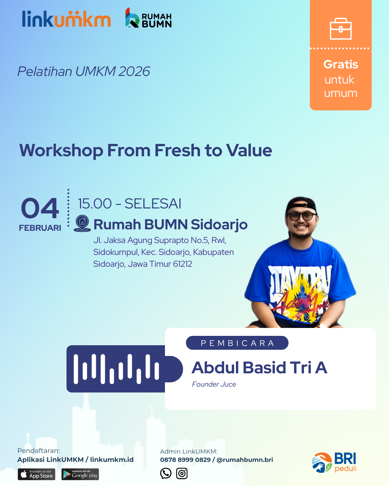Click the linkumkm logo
[66, 19]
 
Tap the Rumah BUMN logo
[148, 18]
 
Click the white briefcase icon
[341, 29]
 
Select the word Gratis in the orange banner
[341, 64]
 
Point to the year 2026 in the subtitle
[134, 72]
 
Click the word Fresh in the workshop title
[177, 150]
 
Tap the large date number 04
[40, 208]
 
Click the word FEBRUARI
[40, 228]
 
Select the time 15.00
[95, 203]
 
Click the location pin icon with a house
[82, 223]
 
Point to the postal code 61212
[182, 264]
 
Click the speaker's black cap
[301, 204]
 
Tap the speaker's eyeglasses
[302, 216]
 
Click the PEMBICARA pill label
[237, 343]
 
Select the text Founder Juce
[214, 384]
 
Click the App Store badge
[36, 474]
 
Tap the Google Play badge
[80, 474]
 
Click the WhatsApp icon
[166, 473]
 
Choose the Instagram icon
[182, 473]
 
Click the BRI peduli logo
[334, 463]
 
